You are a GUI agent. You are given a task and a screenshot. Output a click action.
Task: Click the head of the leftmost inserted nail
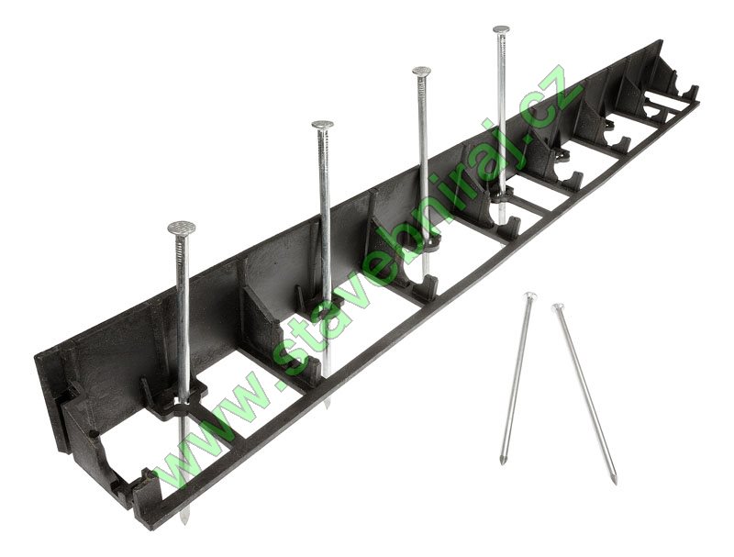click(181, 228)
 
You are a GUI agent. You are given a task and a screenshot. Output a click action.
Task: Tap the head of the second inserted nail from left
click(323, 125)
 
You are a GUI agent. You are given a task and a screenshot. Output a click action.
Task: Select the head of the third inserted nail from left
click(421, 72)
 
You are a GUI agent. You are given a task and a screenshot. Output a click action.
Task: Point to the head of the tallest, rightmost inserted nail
click(501, 29)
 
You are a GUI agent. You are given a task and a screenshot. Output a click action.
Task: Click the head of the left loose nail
click(529, 295)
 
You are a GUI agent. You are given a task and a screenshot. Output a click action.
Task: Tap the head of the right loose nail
click(558, 307)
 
